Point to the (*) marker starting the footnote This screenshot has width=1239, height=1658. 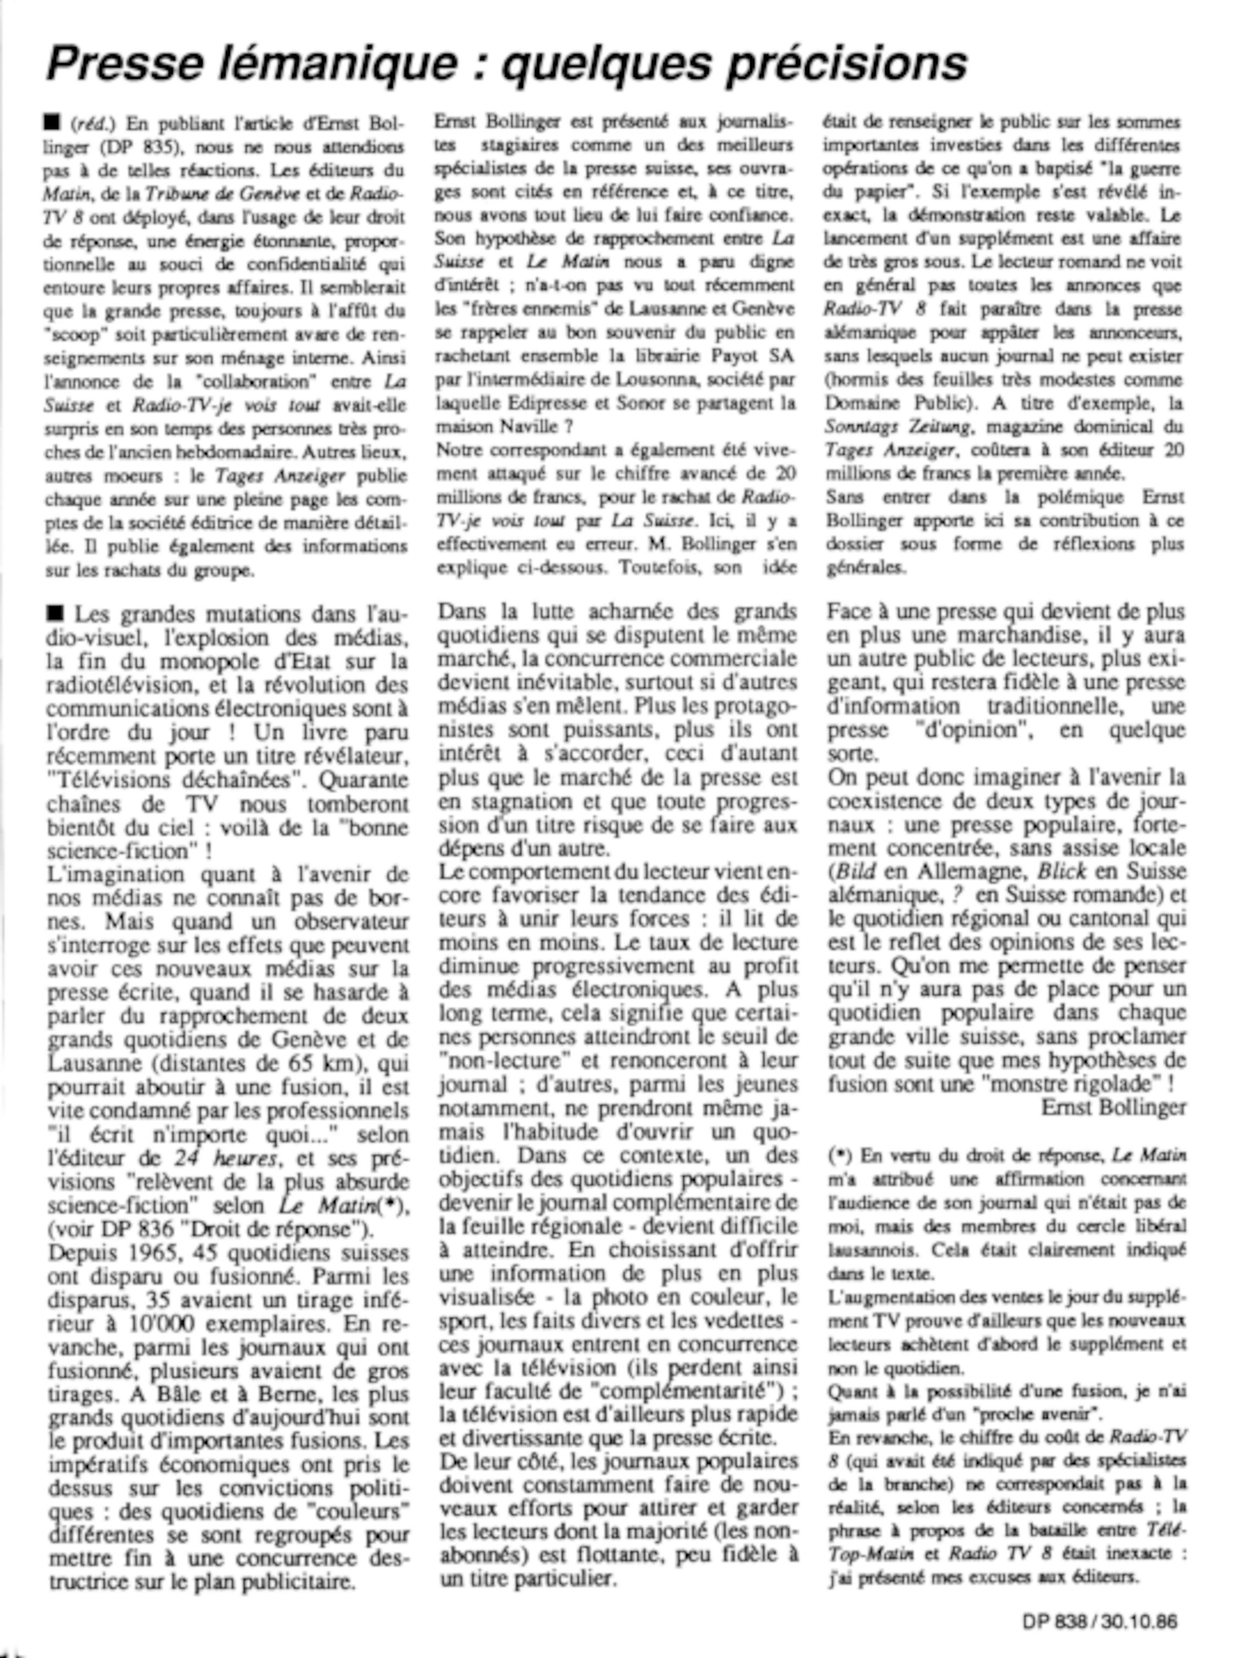click(x=839, y=1155)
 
